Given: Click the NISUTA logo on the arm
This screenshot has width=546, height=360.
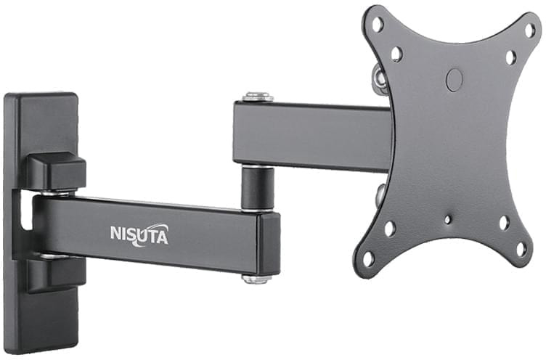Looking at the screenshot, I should point(139,234).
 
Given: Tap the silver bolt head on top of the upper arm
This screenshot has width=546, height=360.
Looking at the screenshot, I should point(258,96).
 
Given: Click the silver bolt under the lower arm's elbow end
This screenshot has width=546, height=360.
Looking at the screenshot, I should point(258,278).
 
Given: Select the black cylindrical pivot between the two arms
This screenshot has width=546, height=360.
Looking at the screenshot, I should point(258,187).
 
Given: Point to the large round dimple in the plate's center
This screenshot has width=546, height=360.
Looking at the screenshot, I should point(455,79).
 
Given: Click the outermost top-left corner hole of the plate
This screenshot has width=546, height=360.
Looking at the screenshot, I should point(378,24).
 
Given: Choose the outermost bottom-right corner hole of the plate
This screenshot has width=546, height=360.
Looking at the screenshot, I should point(521,248).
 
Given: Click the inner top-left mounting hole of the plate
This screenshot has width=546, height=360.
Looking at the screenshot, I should point(396,54).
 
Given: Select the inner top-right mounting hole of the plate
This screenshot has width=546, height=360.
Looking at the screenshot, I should point(510,57).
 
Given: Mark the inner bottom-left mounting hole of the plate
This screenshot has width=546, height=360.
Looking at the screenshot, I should point(390,229).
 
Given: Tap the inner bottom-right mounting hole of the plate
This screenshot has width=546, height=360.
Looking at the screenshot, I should point(503,222).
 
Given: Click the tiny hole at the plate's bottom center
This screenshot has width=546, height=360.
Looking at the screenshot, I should point(448,219).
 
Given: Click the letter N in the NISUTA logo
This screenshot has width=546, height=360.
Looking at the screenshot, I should point(116,234).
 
